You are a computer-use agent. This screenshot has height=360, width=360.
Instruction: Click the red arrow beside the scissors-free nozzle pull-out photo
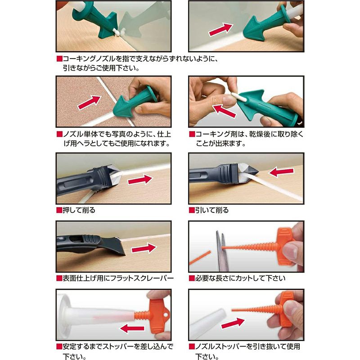click(x=233, y=323)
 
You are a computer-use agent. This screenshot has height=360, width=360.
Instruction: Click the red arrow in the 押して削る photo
click(x=140, y=180)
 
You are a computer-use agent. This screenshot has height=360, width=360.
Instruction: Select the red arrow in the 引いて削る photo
click(x=281, y=172)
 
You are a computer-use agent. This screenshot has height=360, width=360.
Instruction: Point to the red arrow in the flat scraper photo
click(x=144, y=248)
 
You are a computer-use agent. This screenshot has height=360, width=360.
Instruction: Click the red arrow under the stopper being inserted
click(x=132, y=328)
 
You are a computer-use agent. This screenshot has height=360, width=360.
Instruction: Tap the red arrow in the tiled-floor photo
click(x=90, y=103)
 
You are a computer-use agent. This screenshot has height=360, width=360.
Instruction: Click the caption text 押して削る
click(x=79, y=210)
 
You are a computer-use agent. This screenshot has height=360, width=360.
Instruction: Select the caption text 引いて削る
click(x=211, y=210)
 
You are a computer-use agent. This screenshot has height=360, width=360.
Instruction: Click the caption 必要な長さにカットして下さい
click(x=240, y=278)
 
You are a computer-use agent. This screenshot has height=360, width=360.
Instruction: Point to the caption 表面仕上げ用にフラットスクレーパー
click(x=118, y=278)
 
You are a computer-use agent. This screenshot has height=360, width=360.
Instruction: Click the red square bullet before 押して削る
click(x=59, y=210)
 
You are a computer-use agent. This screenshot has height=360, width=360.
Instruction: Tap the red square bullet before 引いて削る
click(x=192, y=210)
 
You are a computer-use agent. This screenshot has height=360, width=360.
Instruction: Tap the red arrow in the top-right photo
click(x=220, y=30)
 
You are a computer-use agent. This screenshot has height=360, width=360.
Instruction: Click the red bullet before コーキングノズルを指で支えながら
click(x=59, y=59)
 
